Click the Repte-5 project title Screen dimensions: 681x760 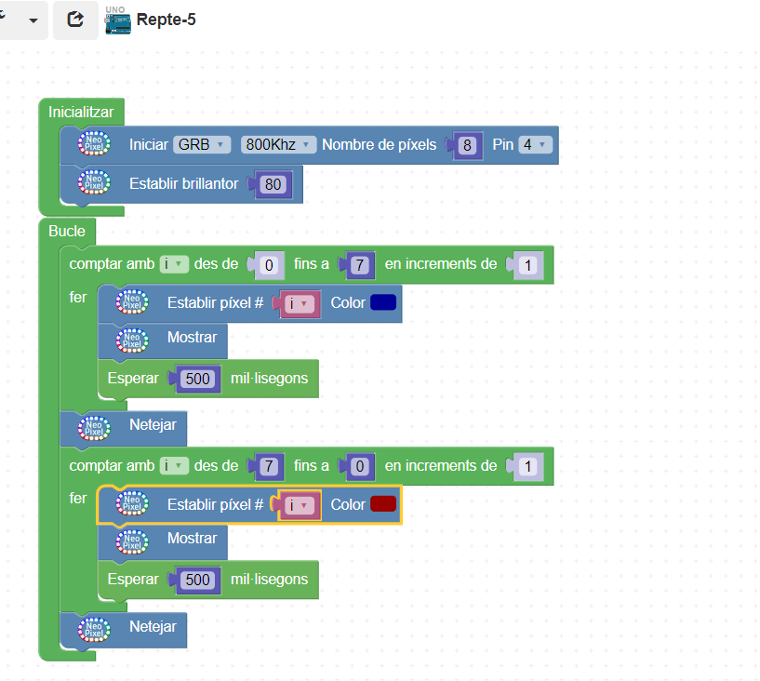coord(166,20)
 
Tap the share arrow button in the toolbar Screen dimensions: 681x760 coord(75,20)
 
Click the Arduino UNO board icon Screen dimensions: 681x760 coord(117,21)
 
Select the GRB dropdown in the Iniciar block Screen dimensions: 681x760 coord(202,144)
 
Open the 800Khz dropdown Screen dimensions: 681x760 coord(276,144)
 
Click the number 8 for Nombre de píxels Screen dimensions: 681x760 coord(468,145)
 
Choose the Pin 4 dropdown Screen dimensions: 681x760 coord(535,144)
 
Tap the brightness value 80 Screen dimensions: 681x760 coord(273,184)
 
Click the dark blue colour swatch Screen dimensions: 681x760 coord(383,302)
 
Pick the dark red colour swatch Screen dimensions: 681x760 coord(383,504)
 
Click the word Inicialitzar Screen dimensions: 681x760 coord(81,112)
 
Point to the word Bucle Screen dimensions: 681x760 coord(67,231)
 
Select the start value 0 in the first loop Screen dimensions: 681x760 coord(269,265)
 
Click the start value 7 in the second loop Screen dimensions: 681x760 coord(269,466)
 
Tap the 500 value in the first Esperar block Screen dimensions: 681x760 coord(198,379)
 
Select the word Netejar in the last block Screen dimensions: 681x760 coord(153,626)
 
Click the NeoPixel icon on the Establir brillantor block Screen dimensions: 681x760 coord(94,183)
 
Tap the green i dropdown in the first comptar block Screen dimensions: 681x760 coord(174,264)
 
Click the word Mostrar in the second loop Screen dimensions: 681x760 coord(192,538)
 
